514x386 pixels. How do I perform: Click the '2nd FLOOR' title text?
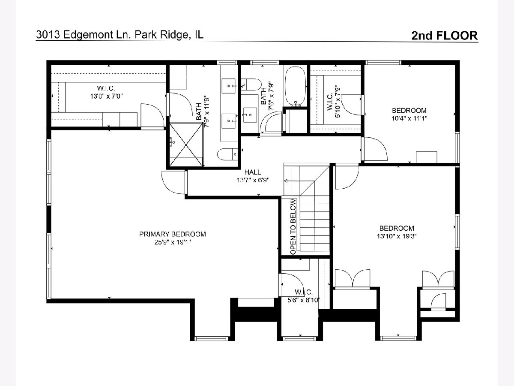point(445,36)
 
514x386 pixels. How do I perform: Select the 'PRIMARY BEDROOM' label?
point(173,234)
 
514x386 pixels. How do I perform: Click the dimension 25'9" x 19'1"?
point(173,242)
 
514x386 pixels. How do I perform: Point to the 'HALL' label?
point(253,172)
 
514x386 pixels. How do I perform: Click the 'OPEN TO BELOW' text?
point(293,226)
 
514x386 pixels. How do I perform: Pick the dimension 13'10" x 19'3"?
point(397,236)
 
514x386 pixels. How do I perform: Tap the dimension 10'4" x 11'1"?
point(409,118)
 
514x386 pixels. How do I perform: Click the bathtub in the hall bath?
point(295,87)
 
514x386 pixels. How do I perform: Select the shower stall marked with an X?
point(186,145)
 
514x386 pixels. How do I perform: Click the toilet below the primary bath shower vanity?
point(227,154)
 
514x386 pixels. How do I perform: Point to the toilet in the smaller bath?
point(251,84)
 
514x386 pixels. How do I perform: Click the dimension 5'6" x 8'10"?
point(304,300)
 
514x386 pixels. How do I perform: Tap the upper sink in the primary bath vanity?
point(229,86)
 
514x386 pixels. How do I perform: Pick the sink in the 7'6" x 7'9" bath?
point(250,115)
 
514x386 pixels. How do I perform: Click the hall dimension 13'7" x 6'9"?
point(253,180)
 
